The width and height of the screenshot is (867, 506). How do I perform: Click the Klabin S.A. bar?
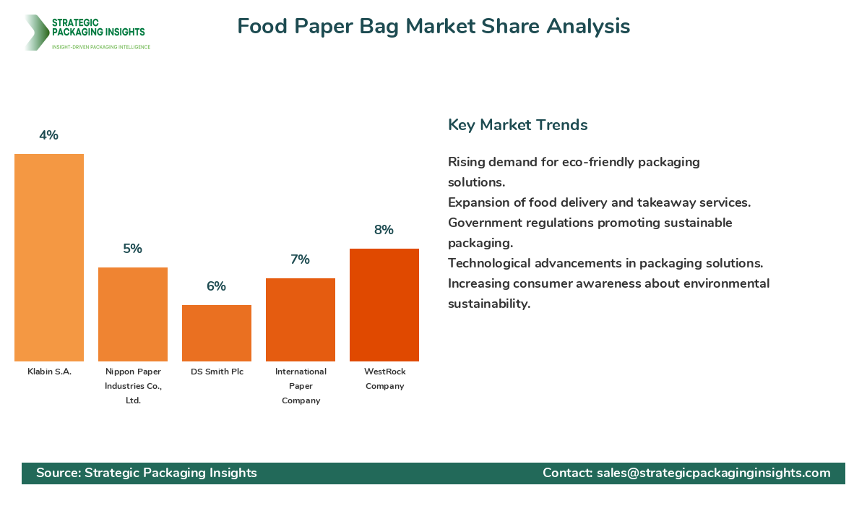pos(49,257)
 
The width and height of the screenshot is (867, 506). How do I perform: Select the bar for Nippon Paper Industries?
pos(133,314)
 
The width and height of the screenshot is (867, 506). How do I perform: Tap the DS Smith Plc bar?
pos(217,333)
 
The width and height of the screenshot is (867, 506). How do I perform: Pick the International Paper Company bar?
pos(301,320)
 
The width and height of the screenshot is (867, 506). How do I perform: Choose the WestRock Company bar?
pos(384,305)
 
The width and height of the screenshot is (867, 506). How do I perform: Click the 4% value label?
pos(49,135)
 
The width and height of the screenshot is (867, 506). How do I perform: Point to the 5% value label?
pos(133,249)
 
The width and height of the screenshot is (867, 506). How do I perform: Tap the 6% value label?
pos(217,286)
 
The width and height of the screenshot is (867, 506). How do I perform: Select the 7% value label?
pos(301,260)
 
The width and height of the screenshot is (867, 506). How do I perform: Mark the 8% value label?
pos(384,230)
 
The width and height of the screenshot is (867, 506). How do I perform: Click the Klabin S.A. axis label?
pos(49,372)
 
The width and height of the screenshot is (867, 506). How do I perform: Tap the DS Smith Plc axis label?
pos(217,372)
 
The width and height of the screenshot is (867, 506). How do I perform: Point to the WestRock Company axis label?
pos(384,379)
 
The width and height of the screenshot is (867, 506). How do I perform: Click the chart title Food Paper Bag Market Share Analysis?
pos(433,26)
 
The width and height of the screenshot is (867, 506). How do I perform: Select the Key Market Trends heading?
pos(517,125)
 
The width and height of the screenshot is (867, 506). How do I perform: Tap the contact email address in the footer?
pos(713,473)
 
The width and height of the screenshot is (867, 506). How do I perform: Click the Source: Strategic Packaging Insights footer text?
pos(147,473)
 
